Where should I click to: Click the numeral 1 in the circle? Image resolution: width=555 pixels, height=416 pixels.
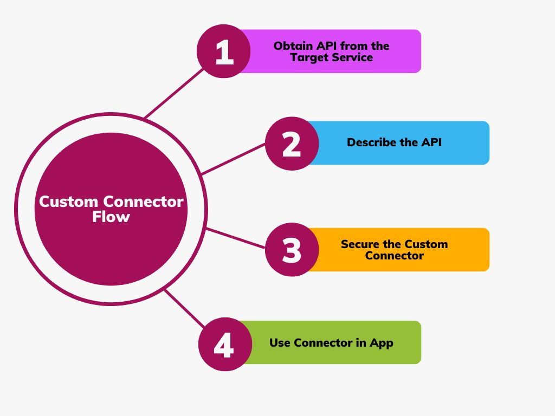(224, 53)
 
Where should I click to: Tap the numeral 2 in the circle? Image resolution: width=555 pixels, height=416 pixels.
(292, 144)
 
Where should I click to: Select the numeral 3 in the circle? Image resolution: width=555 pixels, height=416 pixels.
(292, 250)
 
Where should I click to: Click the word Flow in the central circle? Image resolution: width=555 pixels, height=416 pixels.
(111, 217)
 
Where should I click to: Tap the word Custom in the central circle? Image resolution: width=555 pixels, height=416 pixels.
(69, 202)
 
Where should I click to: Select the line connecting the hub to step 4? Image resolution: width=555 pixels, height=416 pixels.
(184, 309)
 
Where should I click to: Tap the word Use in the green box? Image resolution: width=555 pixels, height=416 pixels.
(280, 343)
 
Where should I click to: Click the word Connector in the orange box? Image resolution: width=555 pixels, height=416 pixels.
(394, 256)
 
